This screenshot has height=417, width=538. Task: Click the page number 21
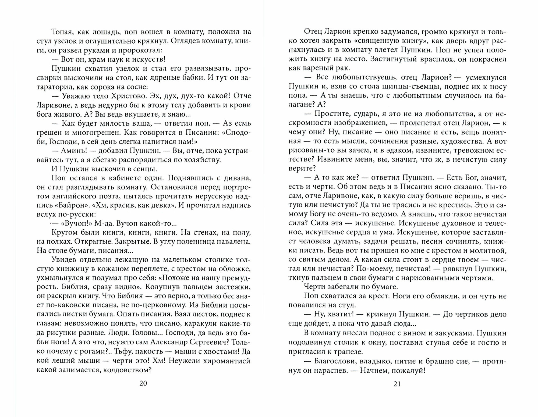tap(397, 384)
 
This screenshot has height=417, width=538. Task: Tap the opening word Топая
tap(61, 32)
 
